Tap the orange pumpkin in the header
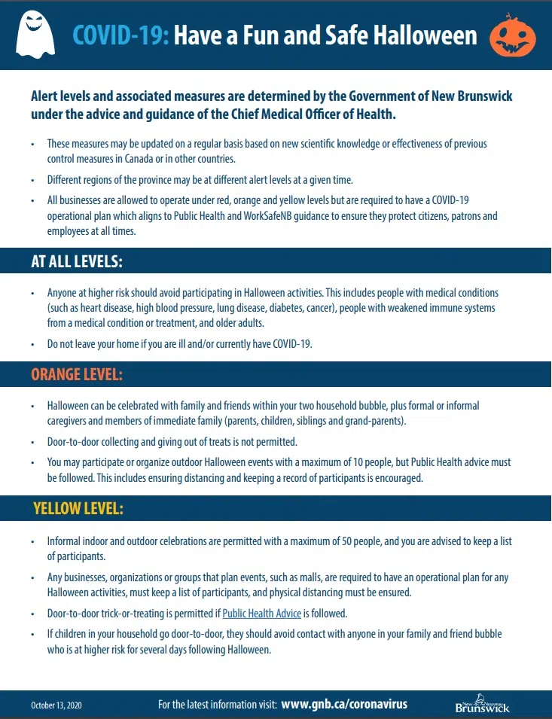(514, 37)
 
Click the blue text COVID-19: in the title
(120, 35)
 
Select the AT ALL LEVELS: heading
(76, 261)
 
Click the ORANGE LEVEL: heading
(76, 374)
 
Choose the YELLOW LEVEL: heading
(78, 509)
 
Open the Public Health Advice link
(261, 613)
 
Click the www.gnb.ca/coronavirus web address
(344, 704)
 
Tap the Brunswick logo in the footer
(482, 705)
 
